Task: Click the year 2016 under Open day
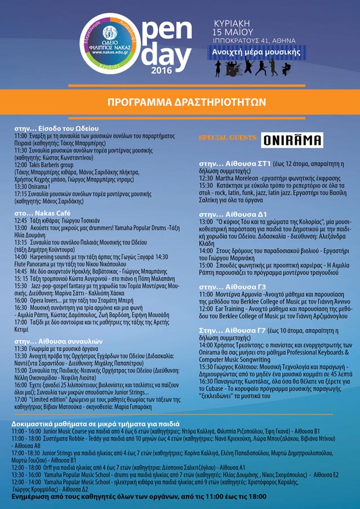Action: (162, 70)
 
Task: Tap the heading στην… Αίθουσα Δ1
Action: (233, 214)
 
